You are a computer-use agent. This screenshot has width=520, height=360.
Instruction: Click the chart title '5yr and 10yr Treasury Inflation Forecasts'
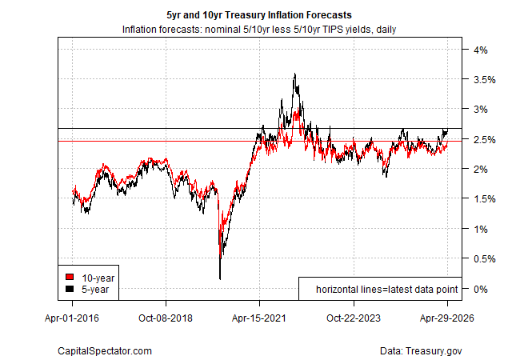tap(260, 15)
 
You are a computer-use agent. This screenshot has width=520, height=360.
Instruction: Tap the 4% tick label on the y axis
tap(480, 50)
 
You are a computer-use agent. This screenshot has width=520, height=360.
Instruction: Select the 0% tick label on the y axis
tap(480, 288)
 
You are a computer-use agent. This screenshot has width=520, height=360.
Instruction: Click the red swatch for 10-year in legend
tap(70, 276)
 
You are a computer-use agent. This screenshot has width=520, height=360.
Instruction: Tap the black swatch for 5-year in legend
tap(70, 288)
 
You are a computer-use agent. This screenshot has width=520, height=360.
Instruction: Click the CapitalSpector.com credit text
tap(105, 350)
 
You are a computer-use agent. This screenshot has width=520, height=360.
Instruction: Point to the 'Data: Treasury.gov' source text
tap(421, 350)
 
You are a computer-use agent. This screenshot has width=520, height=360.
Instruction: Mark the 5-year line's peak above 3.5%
tap(296, 74)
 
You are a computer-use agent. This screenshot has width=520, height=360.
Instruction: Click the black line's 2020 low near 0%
tap(220, 278)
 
